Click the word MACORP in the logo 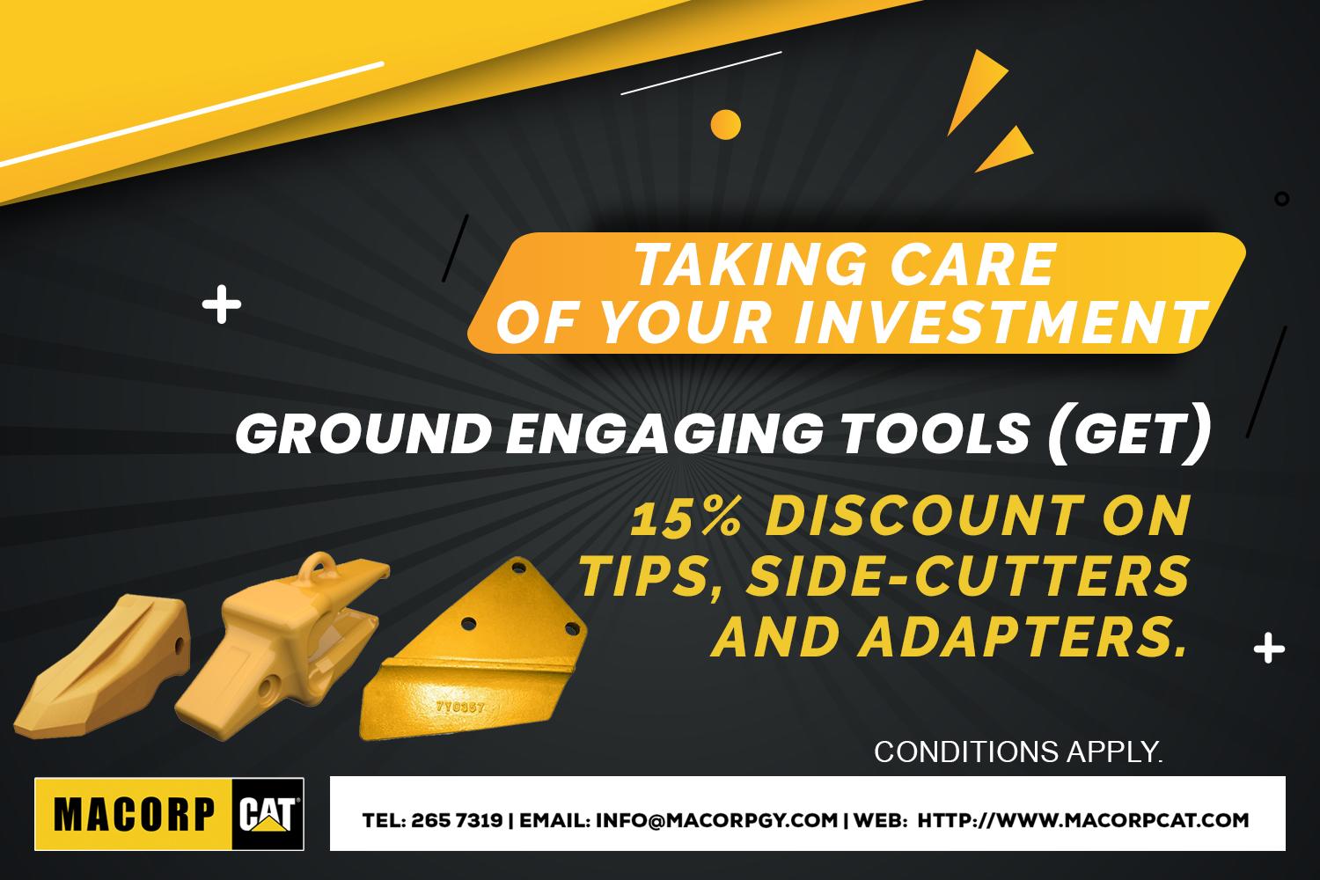coord(135,815)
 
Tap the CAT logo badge coord(268,814)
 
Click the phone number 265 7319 coord(457,820)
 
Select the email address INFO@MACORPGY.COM coord(716,820)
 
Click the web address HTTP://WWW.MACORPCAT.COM coord(1083,820)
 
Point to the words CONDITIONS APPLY coord(1018,752)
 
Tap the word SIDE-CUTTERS coord(967,576)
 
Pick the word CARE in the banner coord(973,264)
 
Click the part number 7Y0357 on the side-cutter coord(460,706)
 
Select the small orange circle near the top coord(725,124)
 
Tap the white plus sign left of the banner coord(222,304)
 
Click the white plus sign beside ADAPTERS coord(1269,649)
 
